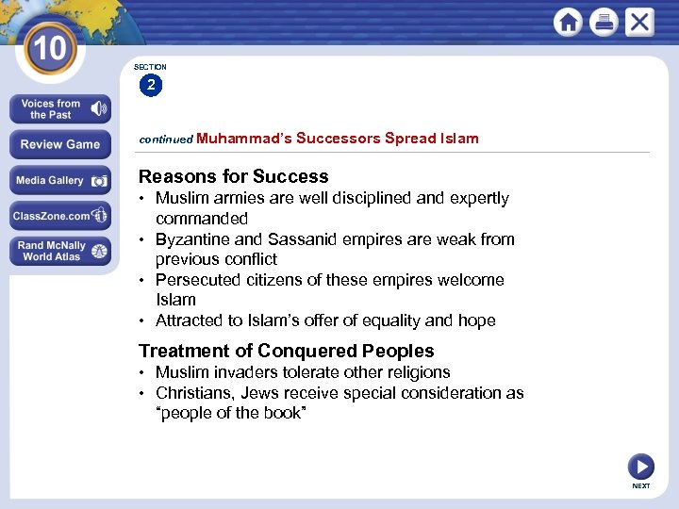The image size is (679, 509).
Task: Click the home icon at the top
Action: click(569, 23)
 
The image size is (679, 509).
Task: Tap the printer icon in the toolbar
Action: click(604, 23)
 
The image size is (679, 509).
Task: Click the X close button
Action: click(639, 23)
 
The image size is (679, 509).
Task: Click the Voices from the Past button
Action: click(60, 109)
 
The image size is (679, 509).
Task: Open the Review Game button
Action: click(60, 144)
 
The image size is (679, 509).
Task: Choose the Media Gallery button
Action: click(60, 180)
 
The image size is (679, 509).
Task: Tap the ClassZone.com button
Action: click(60, 216)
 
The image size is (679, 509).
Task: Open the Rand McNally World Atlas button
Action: click(60, 251)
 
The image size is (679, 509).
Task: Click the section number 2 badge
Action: click(151, 86)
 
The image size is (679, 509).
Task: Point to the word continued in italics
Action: click(166, 140)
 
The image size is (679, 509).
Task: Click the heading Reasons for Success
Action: click(234, 176)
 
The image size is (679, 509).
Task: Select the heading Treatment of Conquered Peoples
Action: click(287, 351)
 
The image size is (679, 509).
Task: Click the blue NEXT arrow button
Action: click(640, 466)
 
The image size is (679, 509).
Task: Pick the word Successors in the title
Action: click(338, 139)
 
